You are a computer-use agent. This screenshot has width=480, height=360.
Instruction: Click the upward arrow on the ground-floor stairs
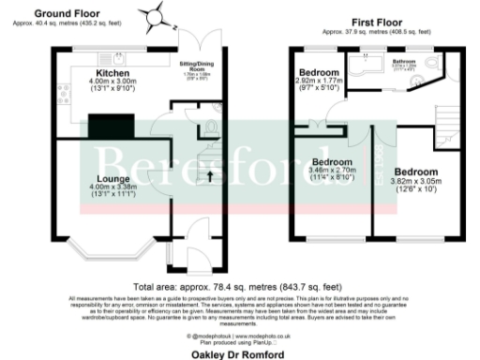tap(210, 174)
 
